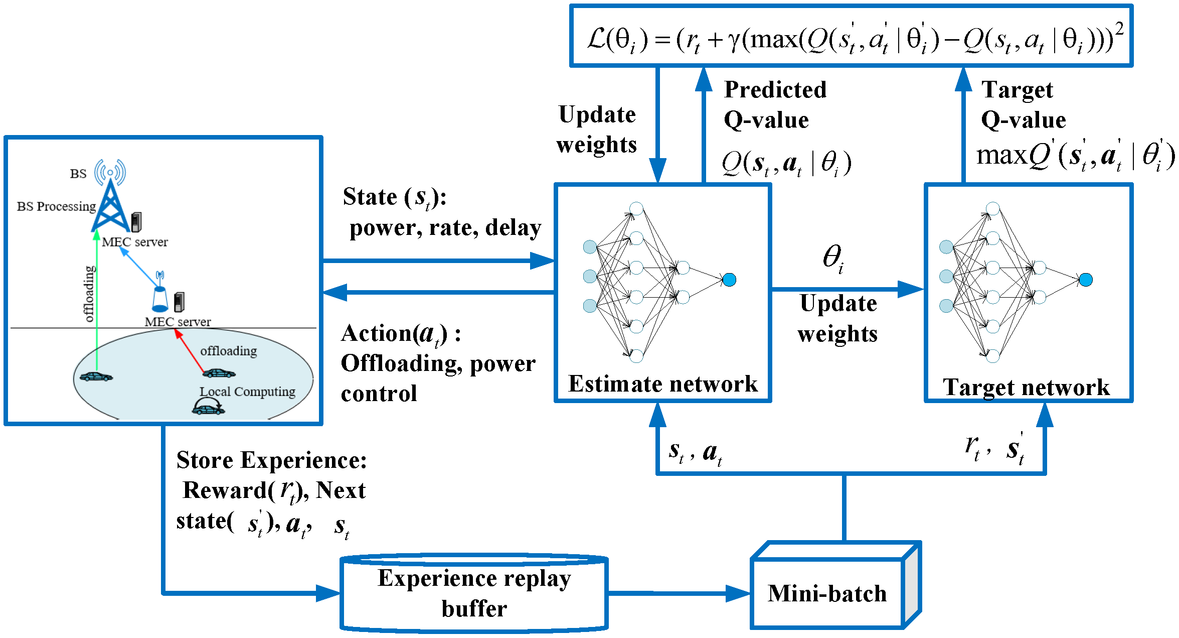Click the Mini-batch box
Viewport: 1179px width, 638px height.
pyautogui.click(x=835, y=585)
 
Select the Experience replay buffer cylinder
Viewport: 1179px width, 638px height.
pyautogui.click(x=474, y=593)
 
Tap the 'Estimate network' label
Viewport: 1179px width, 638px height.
pyautogui.click(x=662, y=384)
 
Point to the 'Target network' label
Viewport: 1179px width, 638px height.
pyautogui.click(x=1026, y=388)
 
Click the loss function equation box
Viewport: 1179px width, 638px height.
pyautogui.click(x=851, y=36)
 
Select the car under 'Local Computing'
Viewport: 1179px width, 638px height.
pyautogui.click(x=209, y=407)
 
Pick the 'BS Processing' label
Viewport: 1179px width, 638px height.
pyautogui.click(x=56, y=206)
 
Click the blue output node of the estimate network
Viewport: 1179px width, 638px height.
pyautogui.click(x=729, y=280)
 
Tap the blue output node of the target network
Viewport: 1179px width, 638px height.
pyautogui.click(x=1086, y=280)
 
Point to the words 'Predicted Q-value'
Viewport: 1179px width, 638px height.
pyautogui.click(x=775, y=104)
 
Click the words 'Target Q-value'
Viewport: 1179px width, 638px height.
pyautogui.click(x=1023, y=104)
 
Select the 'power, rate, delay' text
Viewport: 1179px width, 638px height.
pyautogui.click(x=445, y=228)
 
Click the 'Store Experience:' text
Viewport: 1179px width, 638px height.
pyautogui.click(x=272, y=460)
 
